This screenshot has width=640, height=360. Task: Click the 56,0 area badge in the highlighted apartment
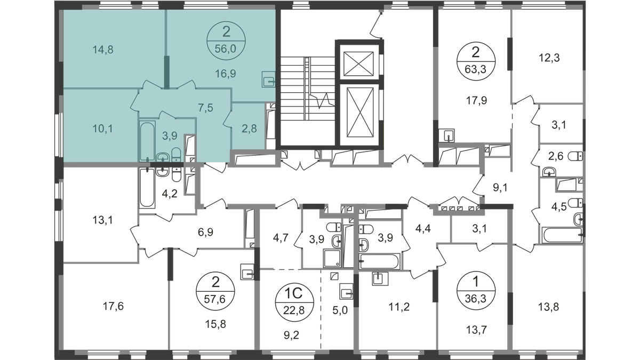point(226,41)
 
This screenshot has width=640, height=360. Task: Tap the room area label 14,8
point(103,50)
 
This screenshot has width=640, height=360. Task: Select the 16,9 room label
point(226,74)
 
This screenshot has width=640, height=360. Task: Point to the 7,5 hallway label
point(206,108)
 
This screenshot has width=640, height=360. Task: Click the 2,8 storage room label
point(249,129)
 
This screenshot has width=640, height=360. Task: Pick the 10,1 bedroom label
point(103,129)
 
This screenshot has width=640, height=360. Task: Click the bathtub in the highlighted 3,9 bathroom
point(147,141)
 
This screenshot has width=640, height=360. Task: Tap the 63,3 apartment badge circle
point(476,61)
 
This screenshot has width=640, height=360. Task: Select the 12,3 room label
point(549,58)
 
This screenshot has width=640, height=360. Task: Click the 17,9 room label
point(476,101)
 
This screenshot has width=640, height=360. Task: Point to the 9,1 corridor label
point(500,188)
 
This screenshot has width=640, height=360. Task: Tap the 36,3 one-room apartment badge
point(476,291)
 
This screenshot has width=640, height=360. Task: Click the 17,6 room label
point(113,307)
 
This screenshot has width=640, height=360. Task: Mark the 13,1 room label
point(102,220)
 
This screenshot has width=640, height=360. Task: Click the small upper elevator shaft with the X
point(358,64)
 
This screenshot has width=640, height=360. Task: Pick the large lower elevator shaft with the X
point(360,113)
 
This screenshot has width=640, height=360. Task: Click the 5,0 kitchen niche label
point(340,310)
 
